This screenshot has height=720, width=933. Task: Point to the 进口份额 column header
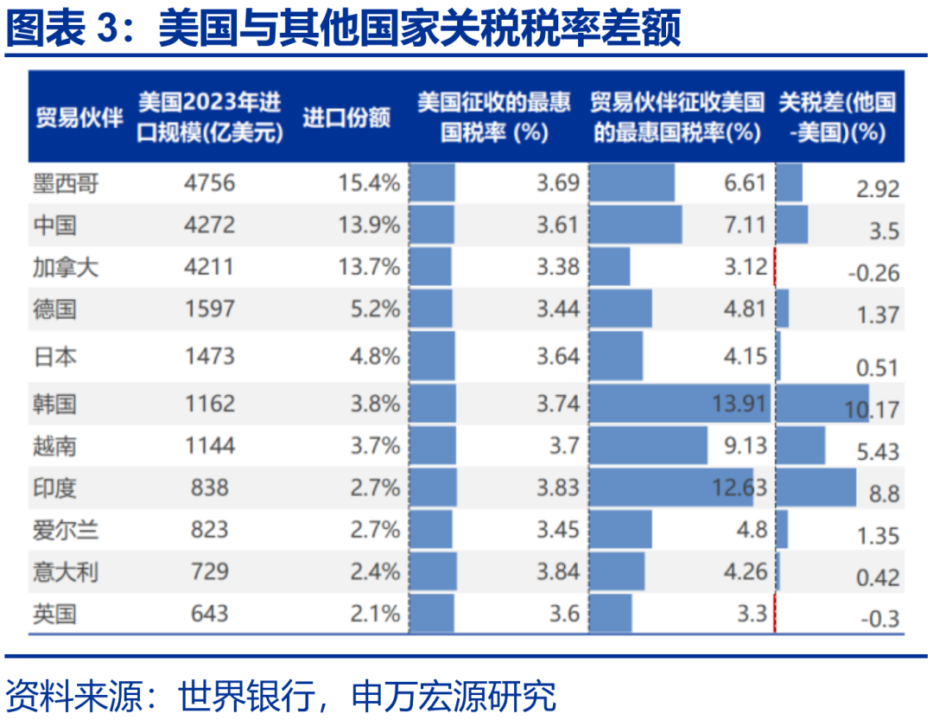(x=346, y=118)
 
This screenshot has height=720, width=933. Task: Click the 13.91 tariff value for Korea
(x=740, y=404)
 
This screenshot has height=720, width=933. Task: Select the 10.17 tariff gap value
(x=873, y=409)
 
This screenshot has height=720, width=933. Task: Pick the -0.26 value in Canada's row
(x=873, y=274)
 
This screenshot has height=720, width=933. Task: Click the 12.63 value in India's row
(x=740, y=487)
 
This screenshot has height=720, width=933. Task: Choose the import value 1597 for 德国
(x=210, y=309)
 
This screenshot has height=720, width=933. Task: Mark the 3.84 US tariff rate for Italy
(x=557, y=571)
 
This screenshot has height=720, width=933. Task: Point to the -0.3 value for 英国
(x=880, y=619)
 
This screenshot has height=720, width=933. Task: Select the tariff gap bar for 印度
(x=816, y=487)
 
